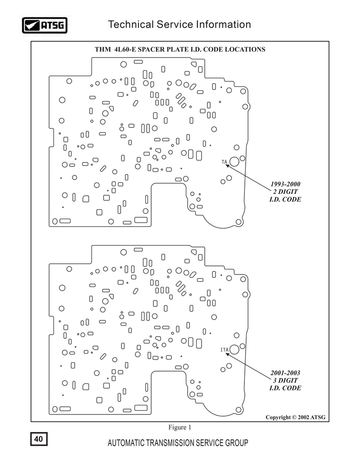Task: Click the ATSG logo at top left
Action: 45,25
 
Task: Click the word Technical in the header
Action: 131,24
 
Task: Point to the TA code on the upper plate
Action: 225,162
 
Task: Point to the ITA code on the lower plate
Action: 225,350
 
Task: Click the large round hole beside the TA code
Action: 234,162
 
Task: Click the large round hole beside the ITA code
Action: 234,349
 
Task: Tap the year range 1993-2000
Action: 285,184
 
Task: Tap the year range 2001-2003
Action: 285,373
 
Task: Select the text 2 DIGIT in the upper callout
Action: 285,192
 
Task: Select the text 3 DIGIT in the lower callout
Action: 285,380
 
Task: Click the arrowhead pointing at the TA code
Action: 227,166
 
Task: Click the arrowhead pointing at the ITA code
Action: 227,354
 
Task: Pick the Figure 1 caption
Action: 180,427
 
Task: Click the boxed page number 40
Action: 39,439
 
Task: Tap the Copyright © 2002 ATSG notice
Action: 295,417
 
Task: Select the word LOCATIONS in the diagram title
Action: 245,49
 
